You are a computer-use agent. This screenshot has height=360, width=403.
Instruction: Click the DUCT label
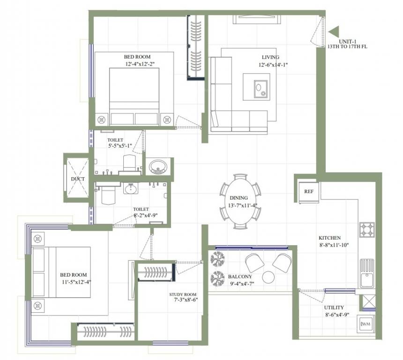coord(77,179)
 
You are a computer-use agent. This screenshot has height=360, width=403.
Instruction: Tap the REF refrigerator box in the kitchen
coord(308,192)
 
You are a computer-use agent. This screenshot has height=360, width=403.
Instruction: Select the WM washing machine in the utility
coord(366,324)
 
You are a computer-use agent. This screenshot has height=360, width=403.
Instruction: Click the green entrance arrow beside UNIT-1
coord(335,32)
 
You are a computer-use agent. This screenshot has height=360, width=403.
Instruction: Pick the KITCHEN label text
coord(330,238)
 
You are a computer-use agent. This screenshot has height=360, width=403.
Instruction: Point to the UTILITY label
coord(334,307)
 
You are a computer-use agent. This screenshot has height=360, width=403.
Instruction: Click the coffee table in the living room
coord(256,87)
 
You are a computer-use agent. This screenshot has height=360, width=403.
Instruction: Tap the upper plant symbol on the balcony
coord(217,259)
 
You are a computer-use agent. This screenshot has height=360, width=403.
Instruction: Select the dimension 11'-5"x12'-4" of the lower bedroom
coord(75,282)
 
